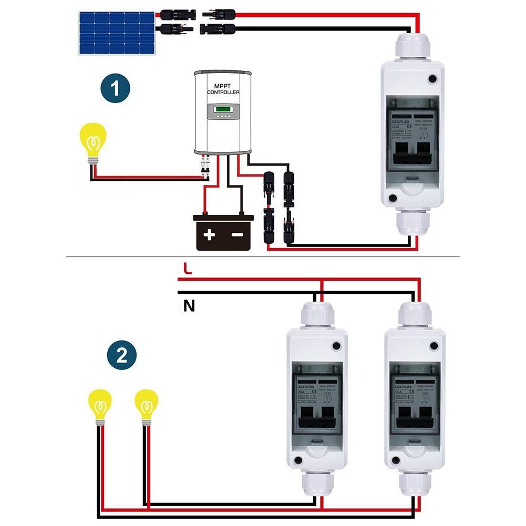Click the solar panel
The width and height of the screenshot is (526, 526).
point(117,33)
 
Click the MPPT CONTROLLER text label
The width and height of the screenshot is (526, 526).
point(223,89)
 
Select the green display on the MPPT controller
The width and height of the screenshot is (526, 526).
point(223,111)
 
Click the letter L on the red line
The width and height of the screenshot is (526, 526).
point(188,269)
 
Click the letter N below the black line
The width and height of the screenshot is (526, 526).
point(189,305)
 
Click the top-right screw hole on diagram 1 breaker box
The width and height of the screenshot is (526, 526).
point(432,79)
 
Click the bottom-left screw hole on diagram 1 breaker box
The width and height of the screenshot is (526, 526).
point(392,199)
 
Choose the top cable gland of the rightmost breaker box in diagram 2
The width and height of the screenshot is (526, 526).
point(415,315)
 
